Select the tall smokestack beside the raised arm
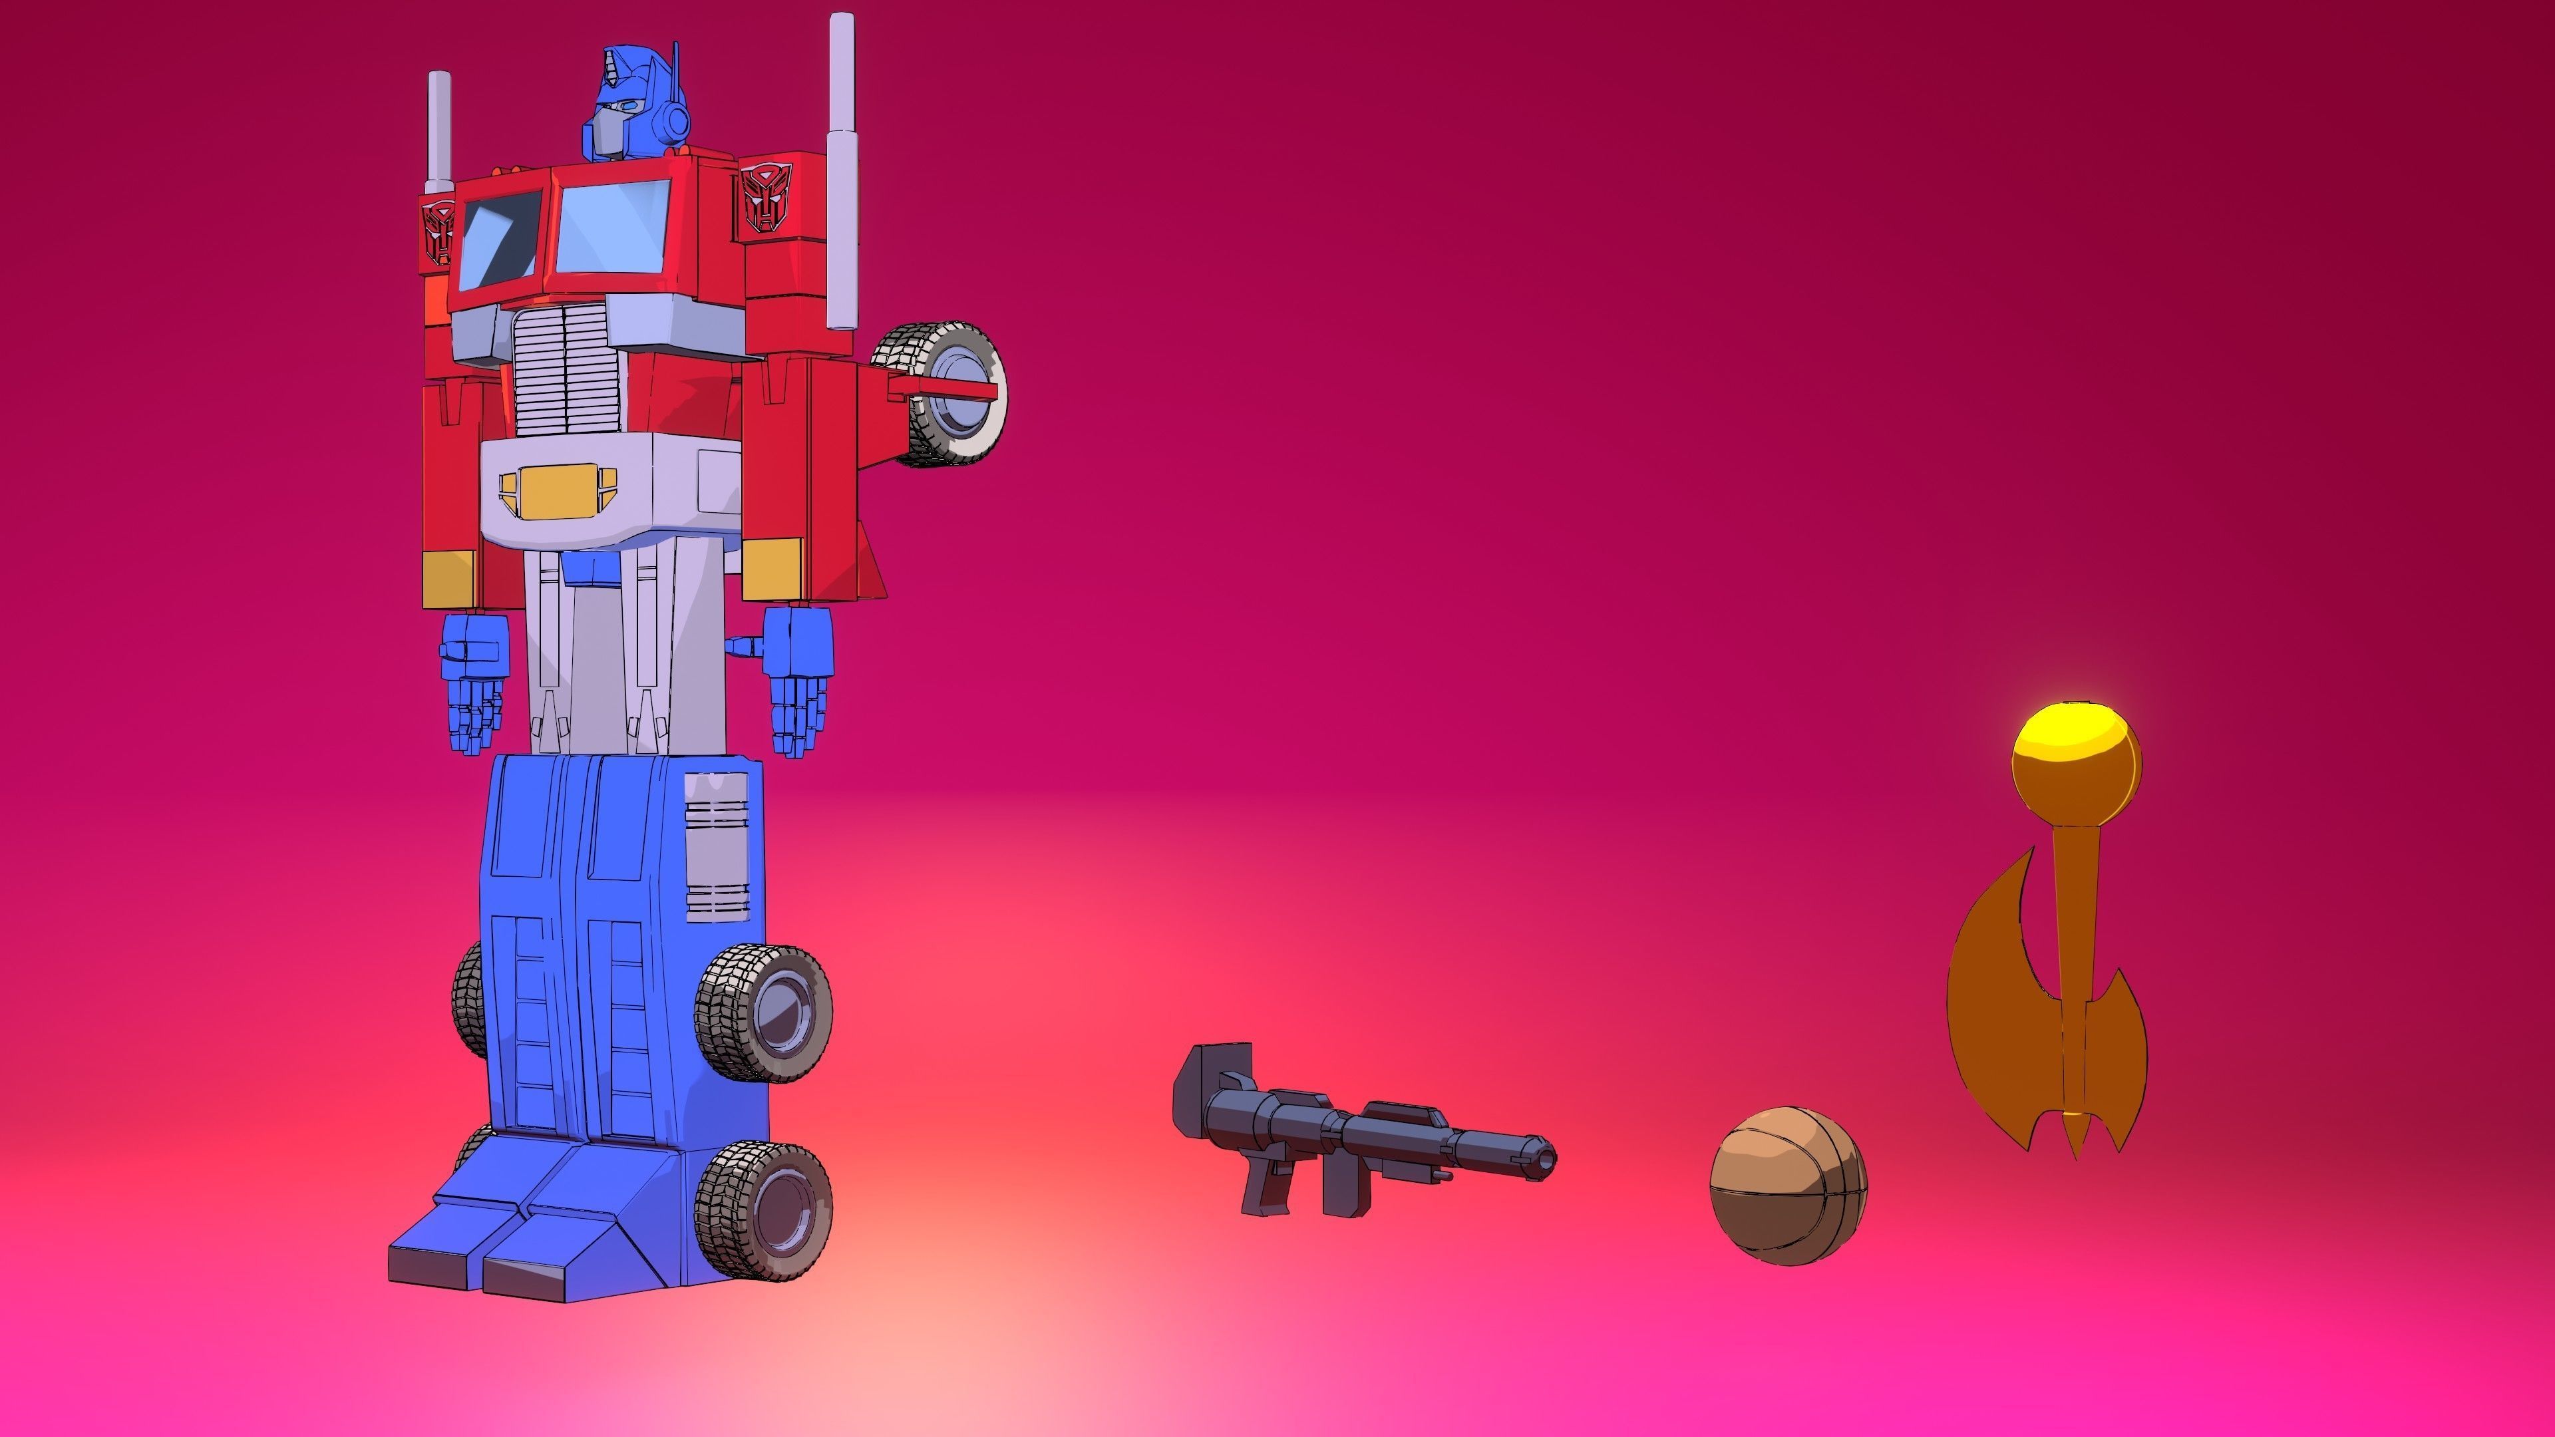(x=841, y=168)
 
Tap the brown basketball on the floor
(x=1787, y=1185)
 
